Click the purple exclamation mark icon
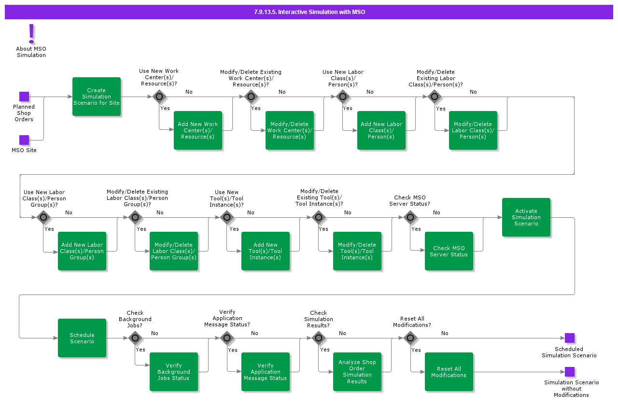click(x=32, y=34)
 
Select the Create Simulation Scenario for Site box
click(x=97, y=97)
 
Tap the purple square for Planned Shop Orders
click(x=24, y=97)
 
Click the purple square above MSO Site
click(x=24, y=140)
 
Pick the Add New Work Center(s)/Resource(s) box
click(x=198, y=130)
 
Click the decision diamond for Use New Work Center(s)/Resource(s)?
click(x=159, y=97)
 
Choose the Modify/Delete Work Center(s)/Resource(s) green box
click(x=290, y=130)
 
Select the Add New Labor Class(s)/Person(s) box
click(x=381, y=130)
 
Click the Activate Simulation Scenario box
click(x=526, y=217)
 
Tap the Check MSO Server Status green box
click(x=449, y=251)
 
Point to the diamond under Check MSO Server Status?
click(x=410, y=217)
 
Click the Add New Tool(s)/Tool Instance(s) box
click(x=266, y=251)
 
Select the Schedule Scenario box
click(x=82, y=338)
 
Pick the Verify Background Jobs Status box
click(x=174, y=372)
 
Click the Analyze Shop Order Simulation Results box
click(x=357, y=372)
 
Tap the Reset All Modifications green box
click(x=449, y=372)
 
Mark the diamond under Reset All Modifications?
click(x=410, y=338)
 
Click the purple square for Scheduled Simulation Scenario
click(x=570, y=338)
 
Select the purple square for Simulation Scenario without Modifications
click(x=570, y=372)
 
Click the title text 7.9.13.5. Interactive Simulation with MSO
click(x=309, y=12)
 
